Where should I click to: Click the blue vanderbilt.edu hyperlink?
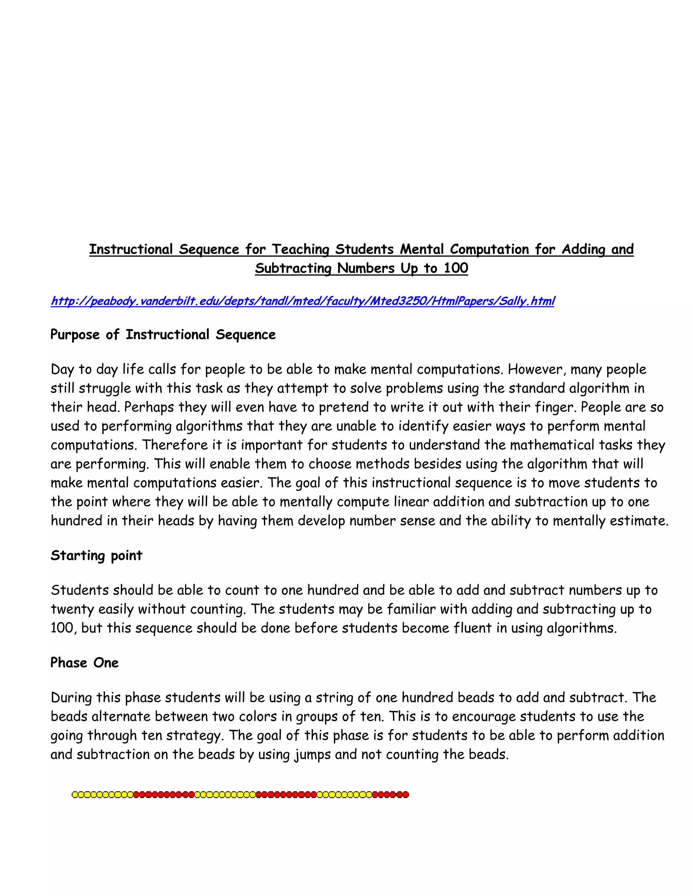tap(302, 301)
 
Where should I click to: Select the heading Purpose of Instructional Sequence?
tap(163, 335)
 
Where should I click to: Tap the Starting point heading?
tap(96, 556)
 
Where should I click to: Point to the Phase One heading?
tap(84, 663)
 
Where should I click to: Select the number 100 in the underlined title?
tap(456, 268)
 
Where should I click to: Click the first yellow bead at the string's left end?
tap(75, 795)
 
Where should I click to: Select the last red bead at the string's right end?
tap(406, 795)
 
